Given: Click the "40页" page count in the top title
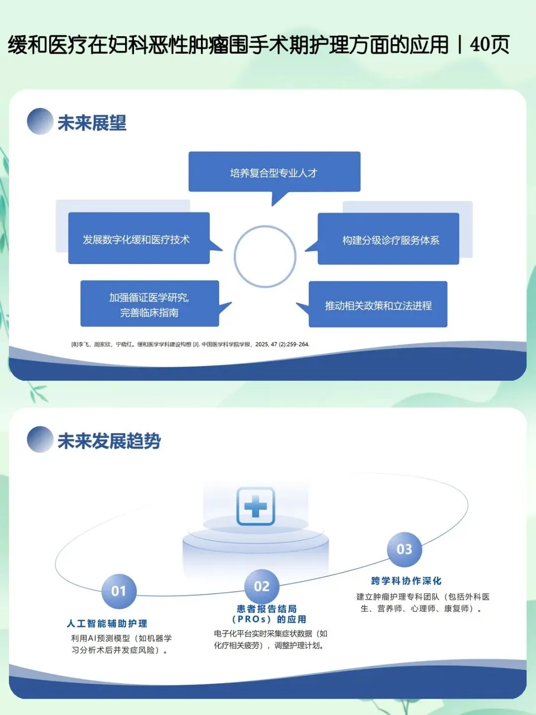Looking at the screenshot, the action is tap(489, 45).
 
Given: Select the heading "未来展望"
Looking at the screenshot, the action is tap(92, 123).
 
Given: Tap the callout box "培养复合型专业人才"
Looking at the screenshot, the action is tap(274, 172).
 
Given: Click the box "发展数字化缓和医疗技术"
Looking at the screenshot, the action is tap(139, 238).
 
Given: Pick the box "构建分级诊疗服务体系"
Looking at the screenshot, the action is tap(388, 239).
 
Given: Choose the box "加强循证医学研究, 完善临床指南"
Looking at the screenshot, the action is tap(150, 303).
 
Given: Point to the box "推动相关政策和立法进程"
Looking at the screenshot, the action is tap(378, 304).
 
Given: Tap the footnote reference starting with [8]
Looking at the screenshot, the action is tap(191, 344).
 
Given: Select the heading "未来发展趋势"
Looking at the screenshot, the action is tap(109, 441).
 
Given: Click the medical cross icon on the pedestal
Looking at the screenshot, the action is tap(256, 506).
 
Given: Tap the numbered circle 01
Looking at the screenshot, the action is tap(119, 591).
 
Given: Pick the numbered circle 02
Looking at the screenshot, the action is tap(262, 587).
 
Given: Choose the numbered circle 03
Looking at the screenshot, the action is tap(404, 550).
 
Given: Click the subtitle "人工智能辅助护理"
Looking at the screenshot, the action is tap(107, 624).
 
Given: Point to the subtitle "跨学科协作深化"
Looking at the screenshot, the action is tap(406, 581).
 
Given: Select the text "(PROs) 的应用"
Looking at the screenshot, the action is tap(269, 619).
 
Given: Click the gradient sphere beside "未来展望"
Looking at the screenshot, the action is tap(40, 121).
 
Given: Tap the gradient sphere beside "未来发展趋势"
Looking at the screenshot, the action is tap(40, 439).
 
